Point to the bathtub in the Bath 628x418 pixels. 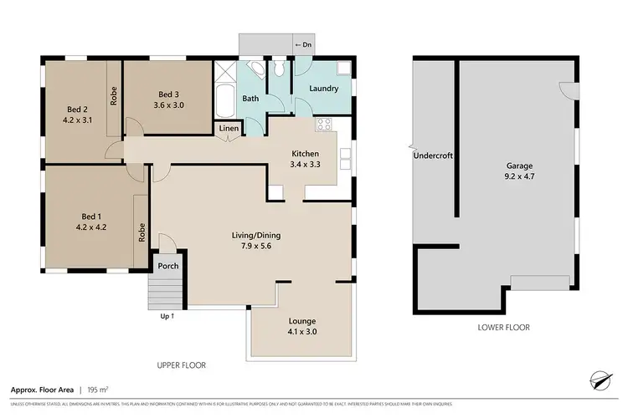coord(224,101)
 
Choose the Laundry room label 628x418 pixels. coord(323,89)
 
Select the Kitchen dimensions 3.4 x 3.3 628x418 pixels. coord(306,165)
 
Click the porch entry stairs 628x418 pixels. coord(163,293)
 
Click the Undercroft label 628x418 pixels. coord(431,155)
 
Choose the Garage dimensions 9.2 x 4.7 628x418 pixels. coord(519,177)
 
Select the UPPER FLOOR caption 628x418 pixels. coord(182,365)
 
